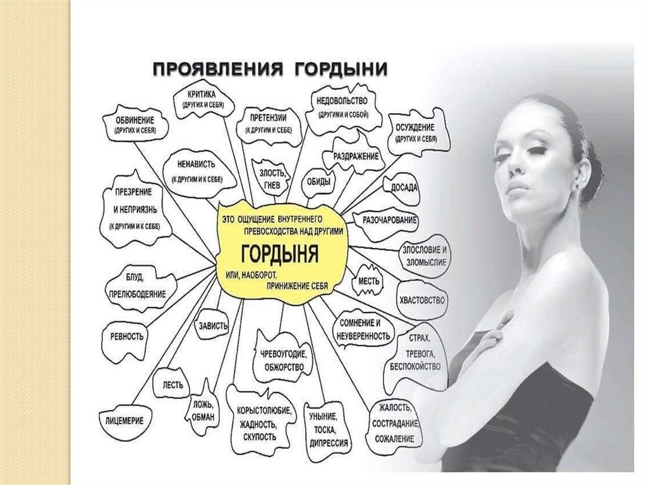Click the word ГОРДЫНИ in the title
pyautogui.click(x=339, y=67)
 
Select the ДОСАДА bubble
pyautogui.click(x=404, y=188)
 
